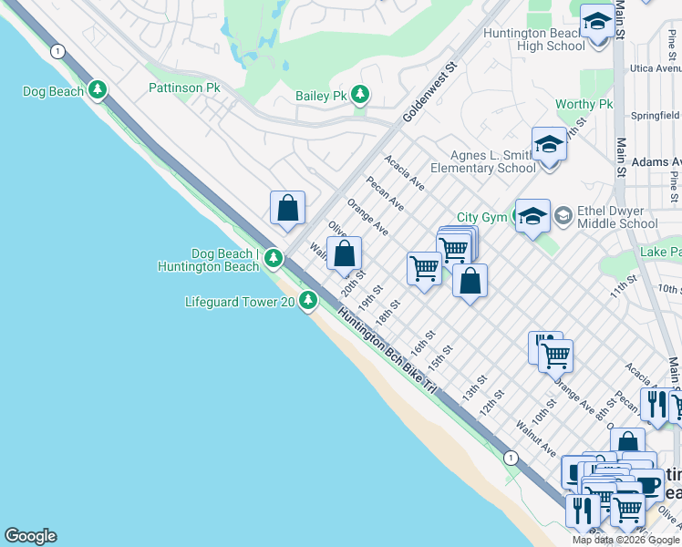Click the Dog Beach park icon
[98, 90]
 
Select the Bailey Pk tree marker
[361, 95]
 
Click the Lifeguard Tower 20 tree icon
[309, 300]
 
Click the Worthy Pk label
[584, 105]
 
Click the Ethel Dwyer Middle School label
[617, 217]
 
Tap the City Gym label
[480, 217]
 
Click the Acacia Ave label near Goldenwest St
[404, 171]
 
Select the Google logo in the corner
[30, 536]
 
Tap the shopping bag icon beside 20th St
[344, 254]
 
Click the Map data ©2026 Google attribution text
[626, 540]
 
